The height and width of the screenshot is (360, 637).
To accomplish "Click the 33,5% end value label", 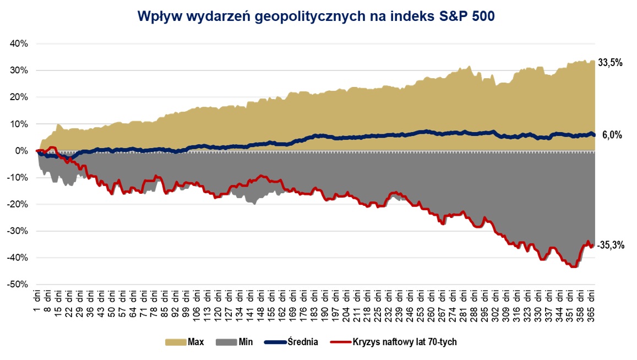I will pyautogui.click(x=611, y=63).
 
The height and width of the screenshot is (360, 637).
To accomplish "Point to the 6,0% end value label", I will pyautogui.click(x=613, y=135).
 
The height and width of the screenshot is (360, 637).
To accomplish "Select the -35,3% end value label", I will pyautogui.click(x=611, y=246).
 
